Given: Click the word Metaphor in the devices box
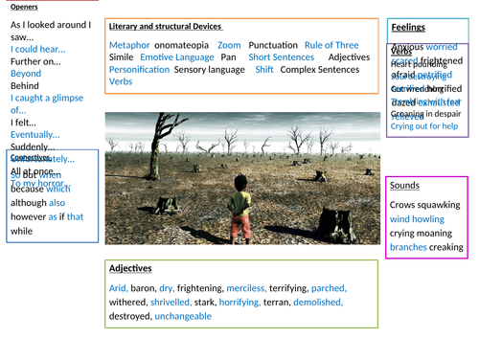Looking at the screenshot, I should coord(129,45).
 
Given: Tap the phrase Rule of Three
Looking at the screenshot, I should coord(331,45).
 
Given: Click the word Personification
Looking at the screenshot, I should coord(142,70).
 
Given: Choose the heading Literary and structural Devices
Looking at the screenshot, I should coord(166,26).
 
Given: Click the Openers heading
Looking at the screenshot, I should coord(24,6).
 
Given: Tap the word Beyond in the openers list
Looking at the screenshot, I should coord(26,73).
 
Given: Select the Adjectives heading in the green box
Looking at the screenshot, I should coord(131,268).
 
